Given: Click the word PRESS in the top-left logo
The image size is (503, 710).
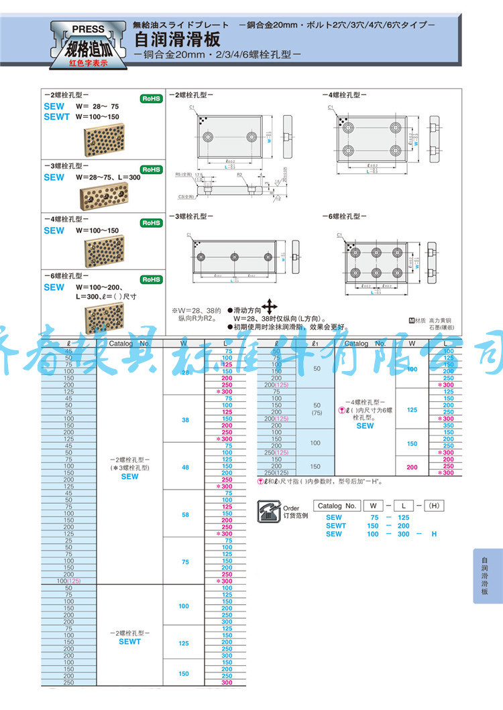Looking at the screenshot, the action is [88, 29].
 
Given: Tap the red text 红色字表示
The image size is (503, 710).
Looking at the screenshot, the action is [88, 63].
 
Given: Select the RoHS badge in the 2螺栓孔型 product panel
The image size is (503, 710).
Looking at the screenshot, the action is [150, 99].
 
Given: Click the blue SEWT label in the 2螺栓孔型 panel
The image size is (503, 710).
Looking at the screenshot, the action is [56, 117].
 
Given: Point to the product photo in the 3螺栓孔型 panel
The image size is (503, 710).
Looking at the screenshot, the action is [101, 196].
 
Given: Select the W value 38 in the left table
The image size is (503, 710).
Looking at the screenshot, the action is [185, 420].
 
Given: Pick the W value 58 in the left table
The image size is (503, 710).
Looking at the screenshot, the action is [185, 515].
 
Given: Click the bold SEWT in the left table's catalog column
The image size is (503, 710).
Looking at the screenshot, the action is [129, 642].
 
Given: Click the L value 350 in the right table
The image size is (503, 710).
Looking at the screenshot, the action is [448, 425].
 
